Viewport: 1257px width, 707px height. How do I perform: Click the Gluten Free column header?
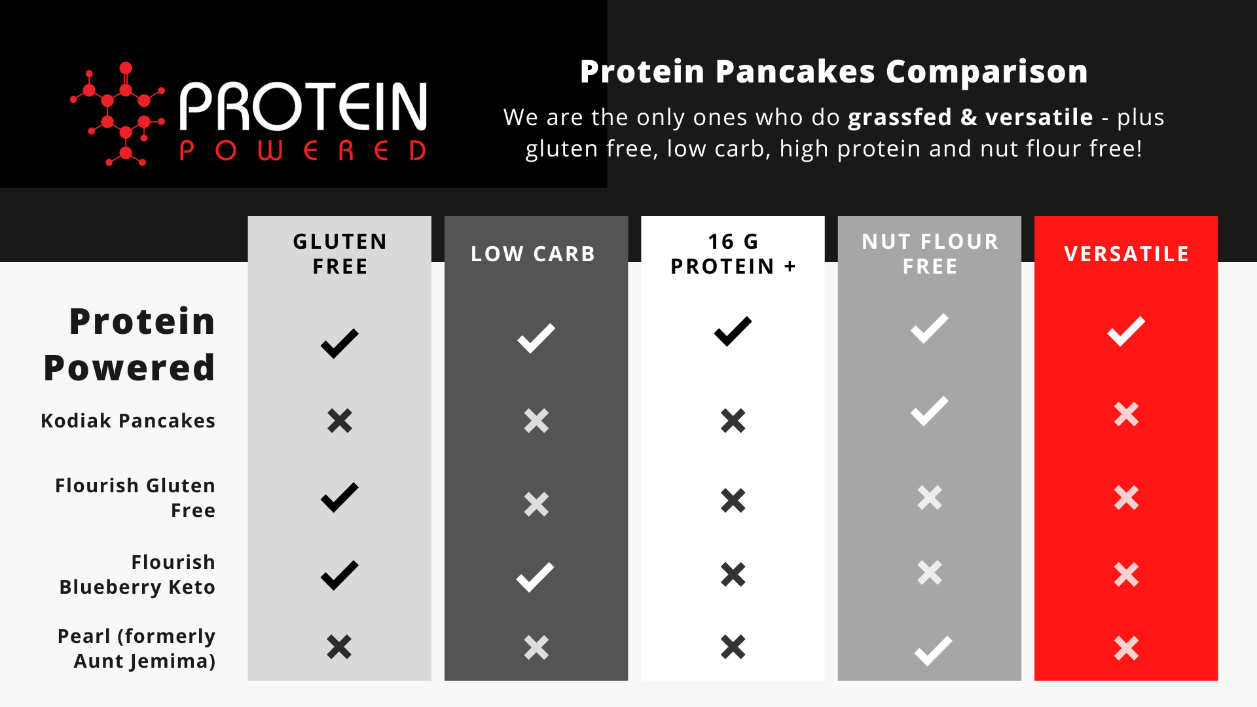point(340,254)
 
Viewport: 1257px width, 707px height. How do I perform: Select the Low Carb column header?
point(533,254)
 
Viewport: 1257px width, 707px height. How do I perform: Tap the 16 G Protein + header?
point(733,254)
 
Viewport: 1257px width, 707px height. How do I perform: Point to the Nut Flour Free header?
point(930,254)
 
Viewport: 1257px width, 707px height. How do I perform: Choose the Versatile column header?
point(1126,254)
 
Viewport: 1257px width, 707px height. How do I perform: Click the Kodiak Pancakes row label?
point(128,420)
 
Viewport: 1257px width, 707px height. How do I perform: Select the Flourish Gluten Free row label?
point(136,498)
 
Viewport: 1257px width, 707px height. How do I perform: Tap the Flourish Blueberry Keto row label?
point(137,574)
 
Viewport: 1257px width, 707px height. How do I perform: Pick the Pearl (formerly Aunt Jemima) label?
point(137,648)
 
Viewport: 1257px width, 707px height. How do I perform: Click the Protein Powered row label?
point(130,344)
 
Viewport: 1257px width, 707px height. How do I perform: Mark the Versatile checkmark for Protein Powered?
point(1126,331)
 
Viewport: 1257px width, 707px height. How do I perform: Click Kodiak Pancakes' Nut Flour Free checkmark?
point(930,411)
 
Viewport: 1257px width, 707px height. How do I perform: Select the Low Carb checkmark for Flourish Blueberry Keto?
point(536,577)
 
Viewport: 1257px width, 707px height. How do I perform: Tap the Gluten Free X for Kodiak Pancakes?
point(340,421)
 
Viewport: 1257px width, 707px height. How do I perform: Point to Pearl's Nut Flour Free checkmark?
point(934,651)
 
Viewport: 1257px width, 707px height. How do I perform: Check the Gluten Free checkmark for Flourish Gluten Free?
point(340,498)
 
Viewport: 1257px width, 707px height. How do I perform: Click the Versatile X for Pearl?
point(1126,648)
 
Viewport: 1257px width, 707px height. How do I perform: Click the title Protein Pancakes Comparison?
point(833,71)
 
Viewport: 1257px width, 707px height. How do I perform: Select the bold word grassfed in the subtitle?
point(900,117)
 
